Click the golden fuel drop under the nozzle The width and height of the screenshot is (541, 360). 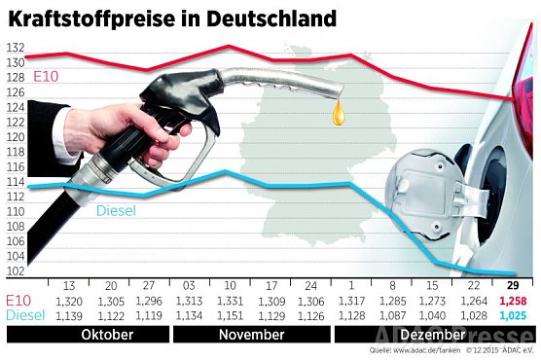coord(338,114)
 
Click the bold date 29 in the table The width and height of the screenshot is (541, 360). coord(512,285)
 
